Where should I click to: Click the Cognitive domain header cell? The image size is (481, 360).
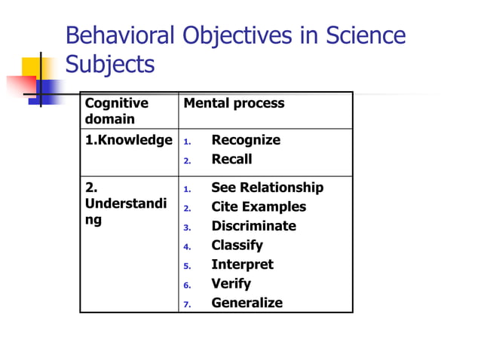point(117,111)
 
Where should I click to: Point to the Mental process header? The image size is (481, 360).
point(234,103)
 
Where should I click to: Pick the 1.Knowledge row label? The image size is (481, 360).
point(128,140)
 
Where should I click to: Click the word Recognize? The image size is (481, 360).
point(246,140)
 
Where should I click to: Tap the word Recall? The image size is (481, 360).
point(231,159)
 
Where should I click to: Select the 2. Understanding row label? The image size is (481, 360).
point(125,204)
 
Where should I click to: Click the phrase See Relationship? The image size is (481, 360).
point(267,188)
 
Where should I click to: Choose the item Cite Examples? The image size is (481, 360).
point(259,206)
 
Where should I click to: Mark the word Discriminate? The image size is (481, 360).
point(253,226)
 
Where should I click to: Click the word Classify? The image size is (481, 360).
point(237,245)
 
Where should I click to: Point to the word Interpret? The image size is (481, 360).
point(242,264)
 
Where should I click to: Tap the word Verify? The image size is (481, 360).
point(231,284)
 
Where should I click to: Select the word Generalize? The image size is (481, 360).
point(247,303)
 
